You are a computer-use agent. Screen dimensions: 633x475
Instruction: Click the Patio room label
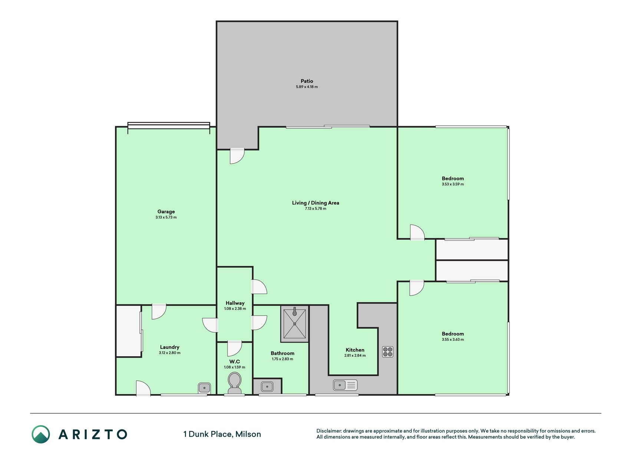click(307, 81)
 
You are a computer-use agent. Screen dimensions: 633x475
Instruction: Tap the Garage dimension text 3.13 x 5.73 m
click(166, 217)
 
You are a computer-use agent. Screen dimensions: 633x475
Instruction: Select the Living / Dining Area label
click(316, 203)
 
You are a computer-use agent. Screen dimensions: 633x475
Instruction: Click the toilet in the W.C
click(234, 383)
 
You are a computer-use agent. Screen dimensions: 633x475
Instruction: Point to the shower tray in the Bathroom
click(295, 324)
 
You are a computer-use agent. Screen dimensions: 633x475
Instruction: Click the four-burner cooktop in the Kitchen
click(388, 351)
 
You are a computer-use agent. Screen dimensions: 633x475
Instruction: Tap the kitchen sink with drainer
click(345, 385)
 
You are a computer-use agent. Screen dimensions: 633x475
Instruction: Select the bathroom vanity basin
click(267, 386)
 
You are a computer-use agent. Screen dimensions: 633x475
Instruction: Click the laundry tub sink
click(204, 388)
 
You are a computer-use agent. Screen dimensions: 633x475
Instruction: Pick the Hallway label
click(235, 303)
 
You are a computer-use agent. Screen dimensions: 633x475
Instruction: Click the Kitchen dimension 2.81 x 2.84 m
click(355, 356)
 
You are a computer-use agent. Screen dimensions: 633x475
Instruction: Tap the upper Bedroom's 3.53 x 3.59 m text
click(453, 184)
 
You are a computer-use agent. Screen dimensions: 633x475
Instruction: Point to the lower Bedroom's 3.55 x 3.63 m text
click(453, 340)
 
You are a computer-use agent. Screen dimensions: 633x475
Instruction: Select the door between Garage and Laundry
click(159, 312)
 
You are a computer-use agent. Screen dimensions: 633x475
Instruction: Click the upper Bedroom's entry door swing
click(417, 232)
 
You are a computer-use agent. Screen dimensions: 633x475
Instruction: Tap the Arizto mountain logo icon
click(41, 434)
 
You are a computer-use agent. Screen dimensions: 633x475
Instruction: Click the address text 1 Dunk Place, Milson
click(222, 434)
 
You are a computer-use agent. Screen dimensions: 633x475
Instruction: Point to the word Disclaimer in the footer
click(329, 431)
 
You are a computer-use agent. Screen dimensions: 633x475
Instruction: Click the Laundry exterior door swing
click(143, 388)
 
